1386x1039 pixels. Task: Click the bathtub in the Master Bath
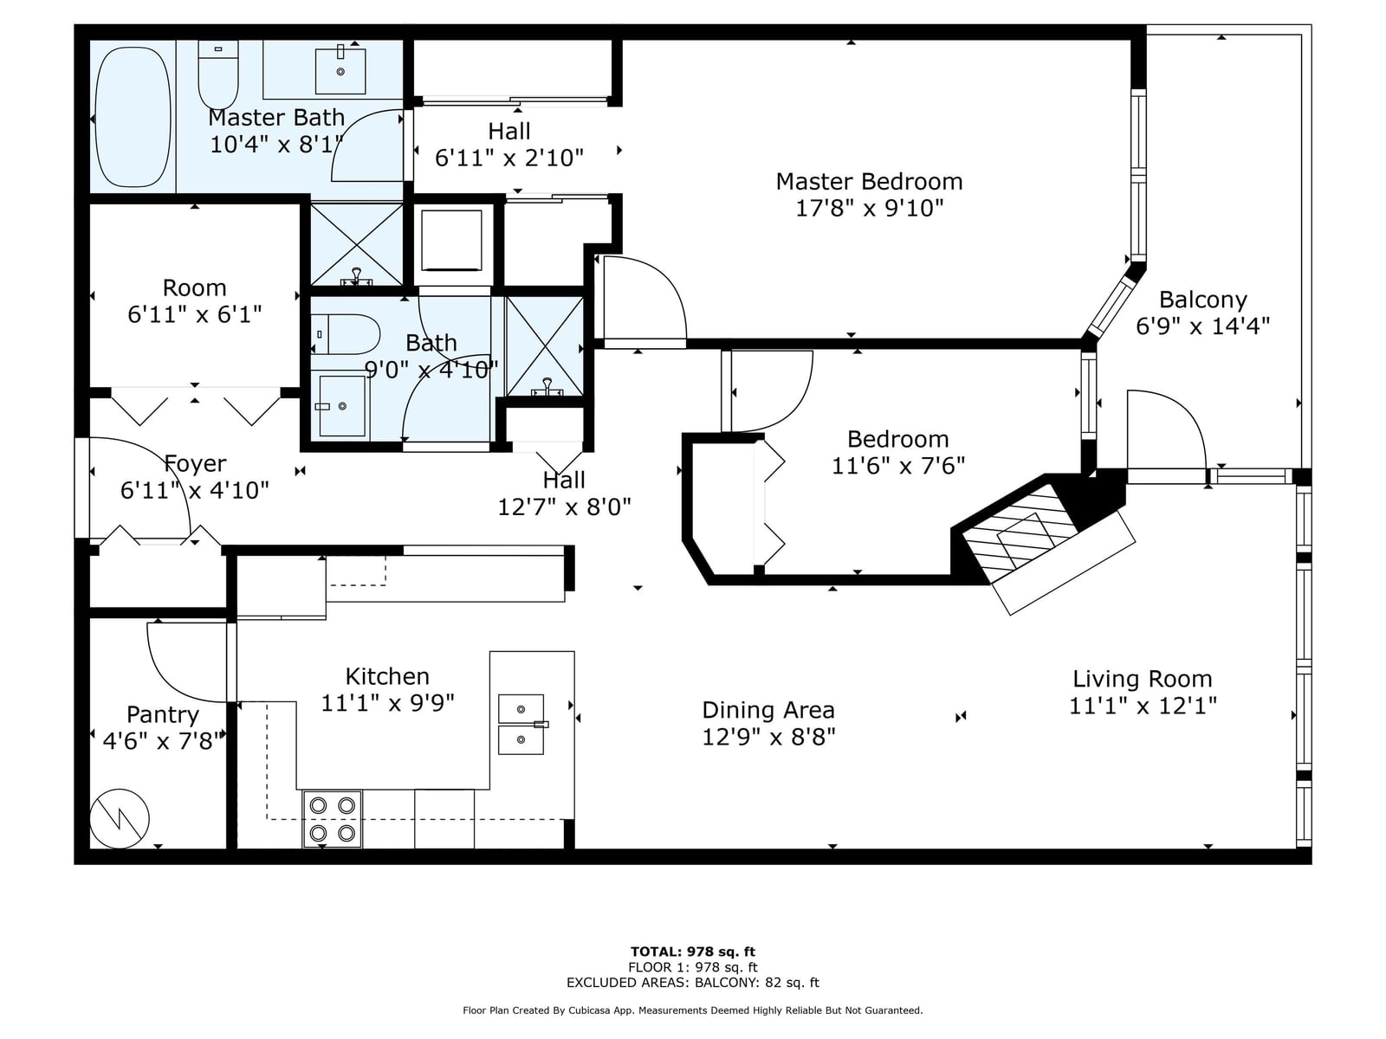click(133, 118)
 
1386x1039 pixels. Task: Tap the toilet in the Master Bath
click(217, 75)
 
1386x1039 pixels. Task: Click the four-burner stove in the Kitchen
click(332, 819)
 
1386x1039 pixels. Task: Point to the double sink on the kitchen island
click(521, 724)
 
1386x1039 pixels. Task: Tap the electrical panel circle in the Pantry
click(120, 818)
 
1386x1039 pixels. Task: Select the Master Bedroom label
click(869, 182)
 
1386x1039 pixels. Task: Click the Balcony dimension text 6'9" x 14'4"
click(1202, 326)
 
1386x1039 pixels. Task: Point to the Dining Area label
click(767, 710)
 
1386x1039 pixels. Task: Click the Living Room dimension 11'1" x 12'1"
click(1143, 706)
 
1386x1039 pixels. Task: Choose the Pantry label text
click(163, 715)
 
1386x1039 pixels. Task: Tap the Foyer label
click(195, 464)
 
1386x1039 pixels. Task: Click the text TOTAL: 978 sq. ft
click(693, 952)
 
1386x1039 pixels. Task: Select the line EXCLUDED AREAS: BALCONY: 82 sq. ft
click(693, 982)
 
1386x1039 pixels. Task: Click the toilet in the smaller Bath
click(346, 334)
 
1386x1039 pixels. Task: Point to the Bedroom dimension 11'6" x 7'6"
click(898, 466)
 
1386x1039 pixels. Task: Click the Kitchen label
click(387, 676)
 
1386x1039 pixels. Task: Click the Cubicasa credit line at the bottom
click(693, 1010)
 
